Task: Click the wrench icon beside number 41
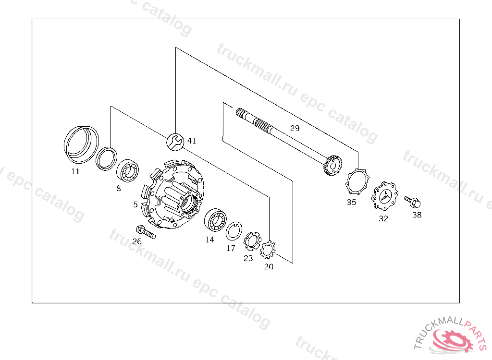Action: [175, 142]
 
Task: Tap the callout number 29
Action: [295, 128]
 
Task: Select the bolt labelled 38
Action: [413, 201]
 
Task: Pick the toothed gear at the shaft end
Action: [332, 165]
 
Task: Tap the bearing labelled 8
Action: [127, 170]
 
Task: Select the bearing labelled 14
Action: [215, 219]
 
